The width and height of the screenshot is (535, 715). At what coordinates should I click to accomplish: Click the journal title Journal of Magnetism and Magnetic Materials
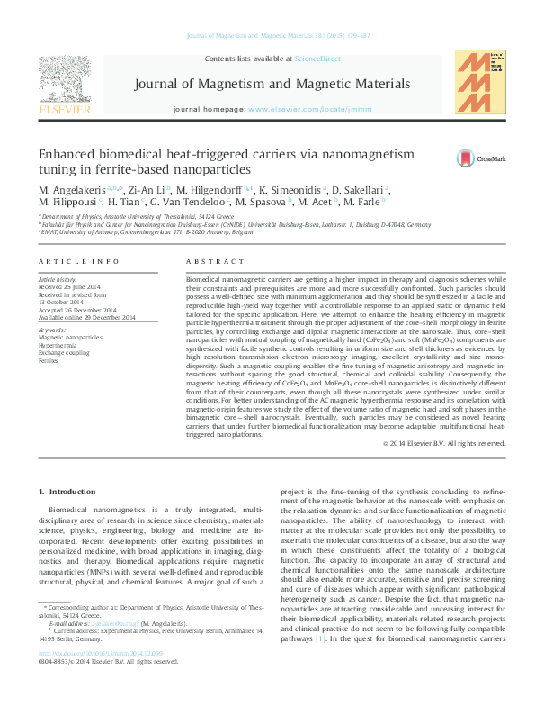point(272,84)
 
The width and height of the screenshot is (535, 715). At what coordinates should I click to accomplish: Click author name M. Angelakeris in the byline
point(72,191)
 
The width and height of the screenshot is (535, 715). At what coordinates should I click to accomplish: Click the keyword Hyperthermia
point(58,345)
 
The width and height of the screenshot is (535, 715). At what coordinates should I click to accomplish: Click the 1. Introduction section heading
point(69,492)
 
